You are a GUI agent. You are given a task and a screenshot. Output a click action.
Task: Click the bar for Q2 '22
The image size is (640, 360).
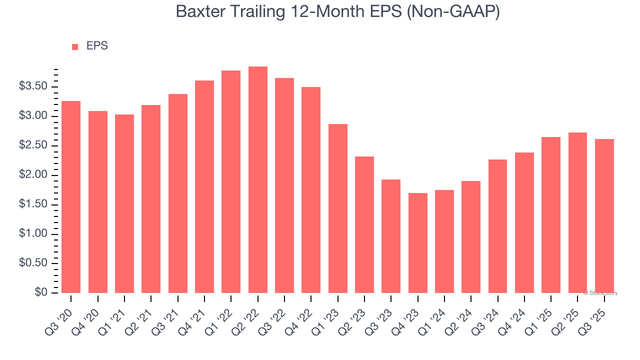click(x=257, y=179)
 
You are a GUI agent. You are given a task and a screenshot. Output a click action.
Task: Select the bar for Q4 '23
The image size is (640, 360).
click(x=417, y=242)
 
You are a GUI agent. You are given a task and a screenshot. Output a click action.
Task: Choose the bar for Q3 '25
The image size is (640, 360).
click(x=604, y=215)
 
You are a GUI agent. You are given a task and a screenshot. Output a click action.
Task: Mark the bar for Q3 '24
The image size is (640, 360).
click(x=497, y=226)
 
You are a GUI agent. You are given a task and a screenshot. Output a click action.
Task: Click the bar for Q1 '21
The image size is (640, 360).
click(x=124, y=203)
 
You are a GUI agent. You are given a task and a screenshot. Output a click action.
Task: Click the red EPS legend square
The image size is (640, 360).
click(x=75, y=47)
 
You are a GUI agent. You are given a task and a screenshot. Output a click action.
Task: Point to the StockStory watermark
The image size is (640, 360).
click(x=600, y=293)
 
